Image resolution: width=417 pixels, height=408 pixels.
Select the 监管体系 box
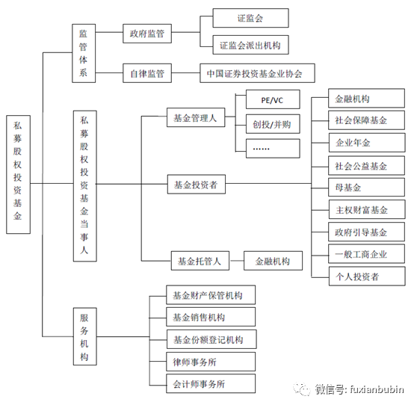[x=84, y=54]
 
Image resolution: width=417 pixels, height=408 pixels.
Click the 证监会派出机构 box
[x=250, y=45]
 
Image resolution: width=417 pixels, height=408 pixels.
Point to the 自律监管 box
[x=147, y=74]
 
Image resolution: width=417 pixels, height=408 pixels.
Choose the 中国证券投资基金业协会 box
[x=257, y=74]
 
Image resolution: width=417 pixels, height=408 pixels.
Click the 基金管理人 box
[x=194, y=117]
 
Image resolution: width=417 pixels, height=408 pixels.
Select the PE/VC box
[x=272, y=100]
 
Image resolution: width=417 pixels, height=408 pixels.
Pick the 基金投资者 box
[x=195, y=184]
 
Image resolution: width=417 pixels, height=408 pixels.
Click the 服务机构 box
[x=84, y=337]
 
